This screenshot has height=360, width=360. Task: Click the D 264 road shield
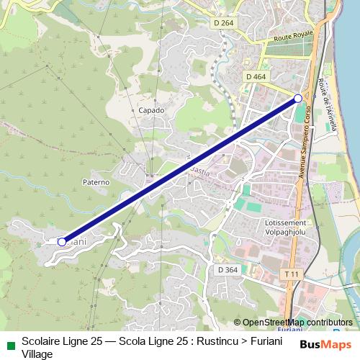(224, 23)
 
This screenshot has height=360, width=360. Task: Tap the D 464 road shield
(256, 76)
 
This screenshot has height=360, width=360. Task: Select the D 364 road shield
(228, 269)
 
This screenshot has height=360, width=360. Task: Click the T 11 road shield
(291, 274)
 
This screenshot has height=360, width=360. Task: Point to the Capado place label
(151, 110)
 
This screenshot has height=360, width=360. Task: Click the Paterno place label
(96, 182)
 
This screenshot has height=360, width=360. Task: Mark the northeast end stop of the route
(298, 99)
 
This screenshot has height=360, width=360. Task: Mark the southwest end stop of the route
(62, 242)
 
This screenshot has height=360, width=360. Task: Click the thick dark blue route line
(180, 171)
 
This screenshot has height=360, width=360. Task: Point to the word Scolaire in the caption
(41, 341)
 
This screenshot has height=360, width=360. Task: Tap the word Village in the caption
(37, 354)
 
